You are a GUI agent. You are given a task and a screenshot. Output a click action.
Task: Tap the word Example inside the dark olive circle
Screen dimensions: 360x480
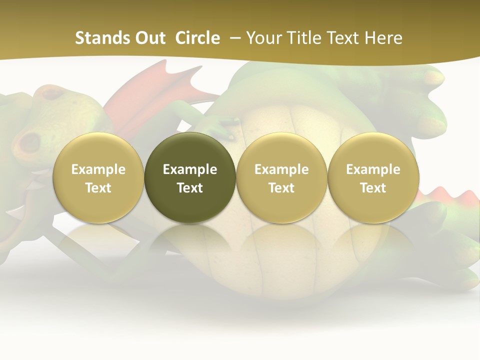(190, 169)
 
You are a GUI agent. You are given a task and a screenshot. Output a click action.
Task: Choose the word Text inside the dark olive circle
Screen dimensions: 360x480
(190, 188)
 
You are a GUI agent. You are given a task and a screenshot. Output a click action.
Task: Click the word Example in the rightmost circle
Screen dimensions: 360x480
(373, 169)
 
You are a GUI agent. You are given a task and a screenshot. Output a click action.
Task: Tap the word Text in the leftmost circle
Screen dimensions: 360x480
(98, 188)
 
